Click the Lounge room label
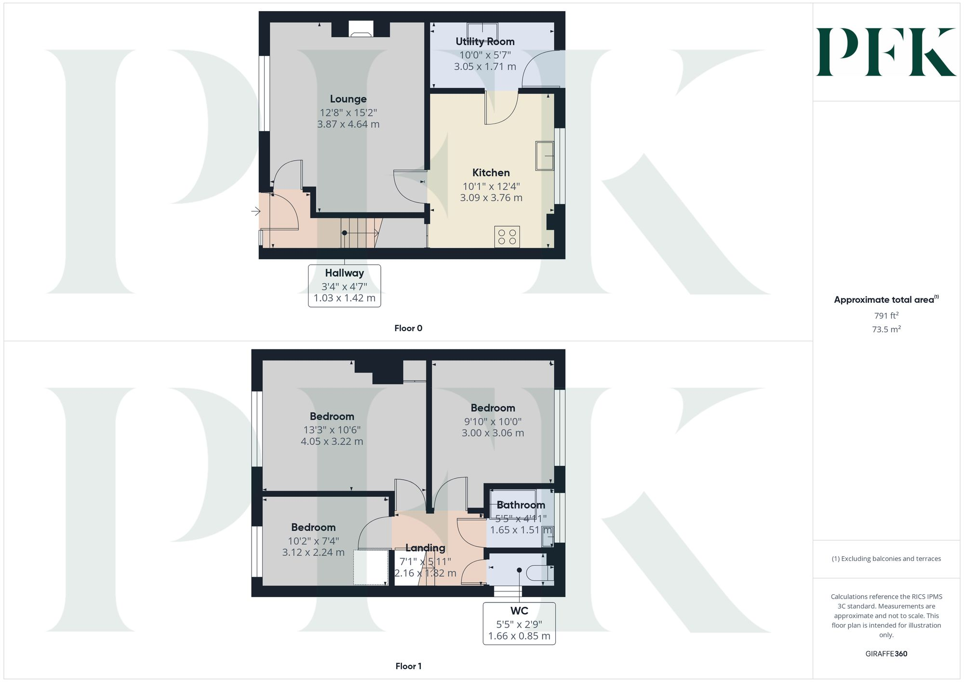pyautogui.click(x=348, y=99)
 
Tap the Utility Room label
pyautogui.click(x=485, y=41)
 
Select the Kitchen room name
pyautogui.click(x=491, y=173)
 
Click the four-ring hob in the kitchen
pyautogui.click(x=507, y=237)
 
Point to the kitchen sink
pyautogui.click(x=545, y=156)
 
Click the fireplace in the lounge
pyautogui.click(x=361, y=29)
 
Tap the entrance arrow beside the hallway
pyautogui.click(x=255, y=211)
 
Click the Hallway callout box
pyautogui.click(x=344, y=285)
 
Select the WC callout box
pyautogui.click(x=519, y=623)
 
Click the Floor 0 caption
pyautogui.click(x=408, y=328)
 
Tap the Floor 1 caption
pyautogui.click(x=408, y=666)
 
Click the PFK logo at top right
pyautogui.click(x=886, y=52)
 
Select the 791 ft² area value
pyautogui.click(x=886, y=316)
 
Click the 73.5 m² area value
pyautogui.click(x=886, y=330)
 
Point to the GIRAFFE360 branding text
pyautogui.click(x=886, y=654)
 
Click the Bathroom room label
pyautogui.click(x=521, y=505)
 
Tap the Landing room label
pyautogui.click(x=425, y=548)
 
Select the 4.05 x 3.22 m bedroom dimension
pyautogui.click(x=332, y=441)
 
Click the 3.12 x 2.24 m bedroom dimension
pyautogui.click(x=313, y=552)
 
